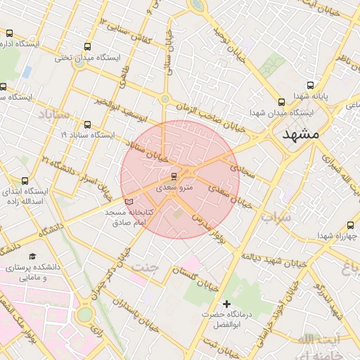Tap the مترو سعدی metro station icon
(174, 175)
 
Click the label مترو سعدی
(167, 188)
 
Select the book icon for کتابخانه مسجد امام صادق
(128, 202)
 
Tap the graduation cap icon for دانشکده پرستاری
(32, 257)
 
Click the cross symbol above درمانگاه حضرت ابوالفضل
(226, 303)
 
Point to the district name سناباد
(54, 113)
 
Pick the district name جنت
(146, 266)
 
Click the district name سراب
(276, 217)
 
